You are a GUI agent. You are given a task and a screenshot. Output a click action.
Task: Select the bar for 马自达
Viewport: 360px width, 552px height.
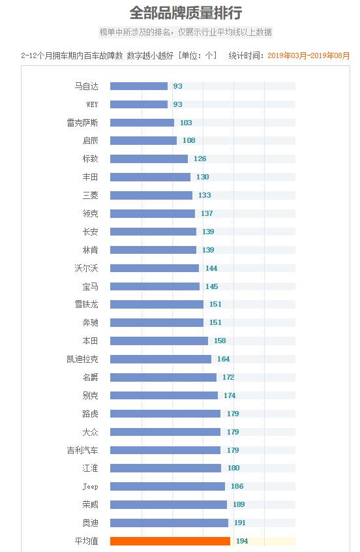click(x=138, y=86)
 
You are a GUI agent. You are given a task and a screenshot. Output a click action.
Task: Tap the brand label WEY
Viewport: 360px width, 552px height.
click(x=92, y=104)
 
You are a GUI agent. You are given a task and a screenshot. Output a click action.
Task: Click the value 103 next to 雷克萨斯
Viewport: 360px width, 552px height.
click(x=186, y=123)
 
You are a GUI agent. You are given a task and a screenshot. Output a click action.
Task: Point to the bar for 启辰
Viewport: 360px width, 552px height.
click(x=143, y=141)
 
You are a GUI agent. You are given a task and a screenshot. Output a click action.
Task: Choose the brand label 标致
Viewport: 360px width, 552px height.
click(x=91, y=159)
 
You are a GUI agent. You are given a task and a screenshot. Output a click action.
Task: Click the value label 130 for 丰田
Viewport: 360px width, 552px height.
click(x=202, y=177)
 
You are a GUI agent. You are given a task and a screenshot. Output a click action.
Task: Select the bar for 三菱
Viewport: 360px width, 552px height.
click(x=151, y=195)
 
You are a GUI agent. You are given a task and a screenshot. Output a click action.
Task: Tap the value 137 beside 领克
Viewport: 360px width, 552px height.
click(x=207, y=213)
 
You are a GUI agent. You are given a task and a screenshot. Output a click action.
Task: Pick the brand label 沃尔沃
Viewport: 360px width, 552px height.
click(x=87, y=268)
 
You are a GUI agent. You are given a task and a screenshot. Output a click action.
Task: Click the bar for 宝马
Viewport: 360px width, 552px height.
click(x=155, y=286)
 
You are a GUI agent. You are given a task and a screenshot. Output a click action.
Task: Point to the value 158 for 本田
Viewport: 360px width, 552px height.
click(x=220, y=341)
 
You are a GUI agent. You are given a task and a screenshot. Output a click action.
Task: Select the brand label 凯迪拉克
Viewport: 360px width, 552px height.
click(x=83, y=359)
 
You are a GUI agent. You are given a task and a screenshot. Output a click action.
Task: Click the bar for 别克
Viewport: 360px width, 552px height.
click(x=164, y=395)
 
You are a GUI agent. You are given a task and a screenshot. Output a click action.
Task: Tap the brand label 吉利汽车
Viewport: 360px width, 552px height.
click(x=83, y=450)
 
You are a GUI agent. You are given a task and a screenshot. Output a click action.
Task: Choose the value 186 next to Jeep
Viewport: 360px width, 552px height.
click(x=237, y=486)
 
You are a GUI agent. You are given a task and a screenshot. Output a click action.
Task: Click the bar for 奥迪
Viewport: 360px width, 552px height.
click(x=169, y=523)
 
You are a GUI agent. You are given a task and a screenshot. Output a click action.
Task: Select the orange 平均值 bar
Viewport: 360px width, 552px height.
click(x=170, y=541)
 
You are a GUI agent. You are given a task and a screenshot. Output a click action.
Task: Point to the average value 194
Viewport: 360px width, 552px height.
click(x=242, y=541)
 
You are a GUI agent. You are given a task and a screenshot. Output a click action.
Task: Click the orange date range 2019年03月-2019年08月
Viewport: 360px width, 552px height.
click(x=308, y=56)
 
